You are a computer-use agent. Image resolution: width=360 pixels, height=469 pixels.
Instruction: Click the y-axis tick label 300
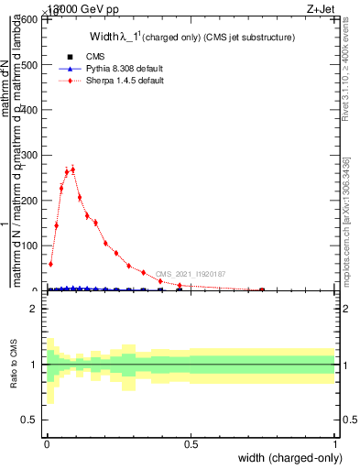(30, 156)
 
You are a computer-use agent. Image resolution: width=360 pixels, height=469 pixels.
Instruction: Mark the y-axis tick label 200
(30, 201)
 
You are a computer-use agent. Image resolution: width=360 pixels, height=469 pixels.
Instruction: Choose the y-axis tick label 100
(30, 245)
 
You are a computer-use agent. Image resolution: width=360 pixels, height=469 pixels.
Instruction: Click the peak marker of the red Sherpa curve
(72, 169)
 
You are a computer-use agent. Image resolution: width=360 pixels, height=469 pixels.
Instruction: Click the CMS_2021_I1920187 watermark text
(190, 274)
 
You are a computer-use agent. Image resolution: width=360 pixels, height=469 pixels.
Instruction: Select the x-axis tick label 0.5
(191, 444)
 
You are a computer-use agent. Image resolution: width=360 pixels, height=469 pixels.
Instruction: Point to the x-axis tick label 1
(335, 444)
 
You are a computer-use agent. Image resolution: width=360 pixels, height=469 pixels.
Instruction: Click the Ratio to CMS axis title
(14, 364)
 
